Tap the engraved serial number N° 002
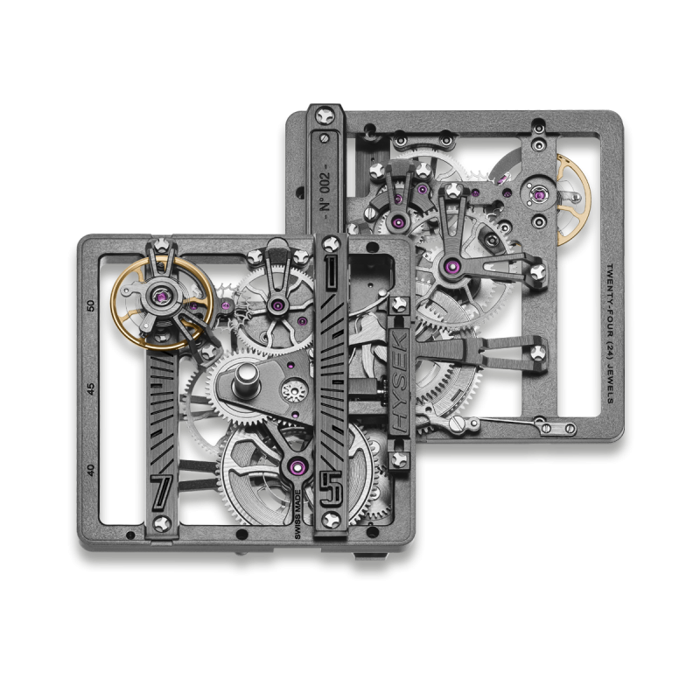pyautogui.click(x=326, y=192)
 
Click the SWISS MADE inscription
pyautogui.click(x=297, y=514)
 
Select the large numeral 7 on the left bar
pyautogui.click(x=162, y=492)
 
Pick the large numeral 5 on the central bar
pyautogui.click(x=331, y=487)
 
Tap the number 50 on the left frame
pyautogui.click(x=91, y=305)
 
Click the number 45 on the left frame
pyautogui.click(x=91, y=388)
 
